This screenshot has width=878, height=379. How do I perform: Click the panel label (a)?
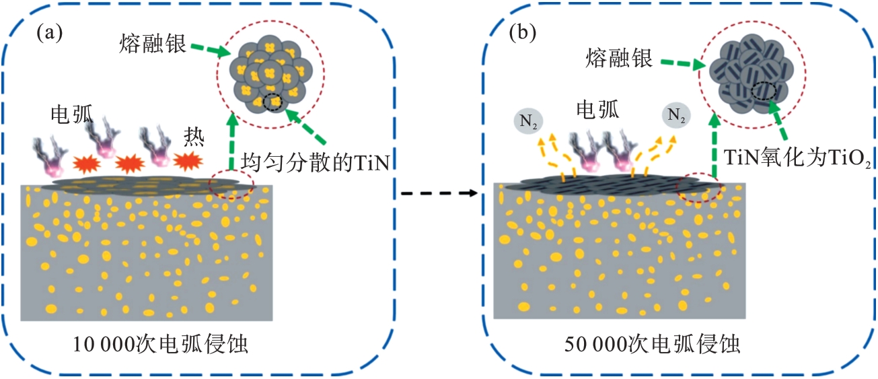(49, 32)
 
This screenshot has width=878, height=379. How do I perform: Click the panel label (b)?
(523, 32)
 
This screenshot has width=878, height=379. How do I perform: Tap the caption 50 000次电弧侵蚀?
(653, 345)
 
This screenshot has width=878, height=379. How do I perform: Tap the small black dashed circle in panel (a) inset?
(272, 102)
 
